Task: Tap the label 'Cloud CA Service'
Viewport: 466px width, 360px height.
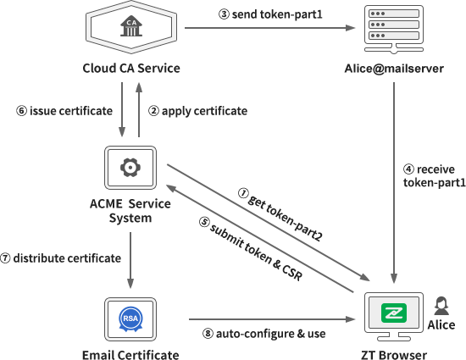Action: coord(130,68)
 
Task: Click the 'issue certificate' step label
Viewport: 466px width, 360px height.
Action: coord(64,111)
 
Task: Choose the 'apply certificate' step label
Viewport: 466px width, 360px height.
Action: coord(197,111)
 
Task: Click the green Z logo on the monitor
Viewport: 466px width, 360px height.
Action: coord(392,313)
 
